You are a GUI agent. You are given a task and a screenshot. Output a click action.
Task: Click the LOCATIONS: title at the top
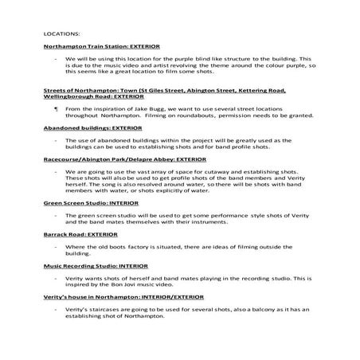click(61, 35)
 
